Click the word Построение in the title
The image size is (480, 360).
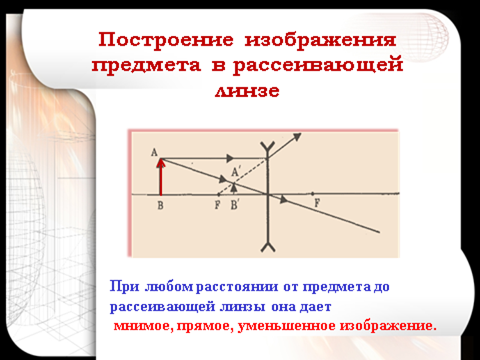coord(166,40)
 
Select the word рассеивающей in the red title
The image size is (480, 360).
coord(317,66)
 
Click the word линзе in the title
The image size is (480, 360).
coord(247,91)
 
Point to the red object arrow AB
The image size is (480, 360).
coord(161,176)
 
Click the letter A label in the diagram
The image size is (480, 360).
coord(154,152)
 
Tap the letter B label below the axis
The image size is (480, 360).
coord(161,205)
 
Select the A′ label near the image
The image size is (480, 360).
coord(235,172)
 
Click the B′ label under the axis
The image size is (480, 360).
coord(234,205)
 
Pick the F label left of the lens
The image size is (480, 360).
coord(218,205)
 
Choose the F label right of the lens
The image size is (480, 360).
coord(317,203)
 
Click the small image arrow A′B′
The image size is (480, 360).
coord(234,188)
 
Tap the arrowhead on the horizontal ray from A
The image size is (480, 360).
coord(230,158)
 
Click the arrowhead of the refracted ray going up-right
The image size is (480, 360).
coord(297,136)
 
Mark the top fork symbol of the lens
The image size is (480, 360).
coord(268,146)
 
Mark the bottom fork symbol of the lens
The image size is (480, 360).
coord(268,247)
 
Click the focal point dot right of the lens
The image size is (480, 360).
coord(312,194)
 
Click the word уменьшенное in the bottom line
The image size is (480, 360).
coord(287,326)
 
